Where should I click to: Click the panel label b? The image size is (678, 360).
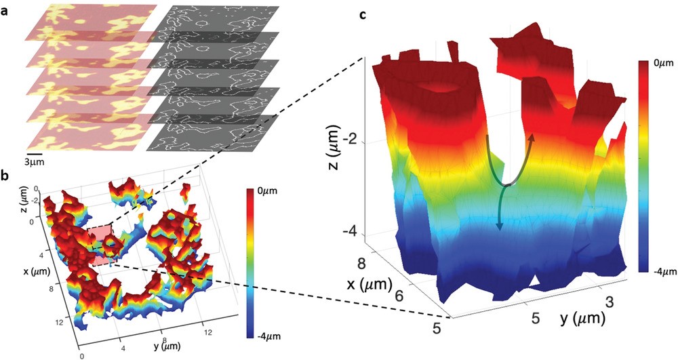click(6, 178)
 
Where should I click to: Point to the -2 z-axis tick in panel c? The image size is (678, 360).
click(353, 140)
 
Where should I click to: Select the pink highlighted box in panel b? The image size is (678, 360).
click(102, 243)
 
